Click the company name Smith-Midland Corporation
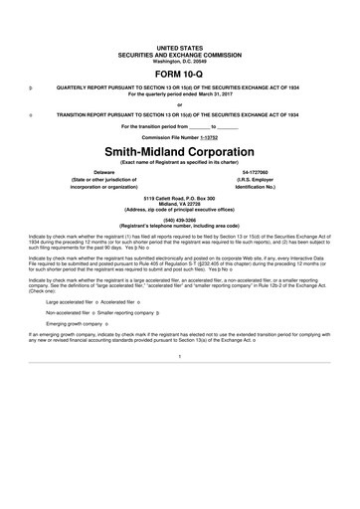click(x=180, y=151)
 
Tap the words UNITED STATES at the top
click(x=180, y=47)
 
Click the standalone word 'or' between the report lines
click(x=180, y=104)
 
